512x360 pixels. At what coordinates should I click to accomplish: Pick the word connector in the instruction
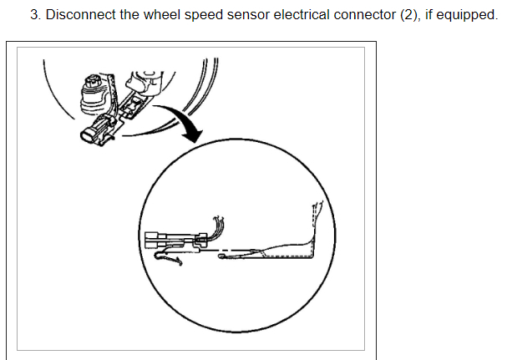[365, 16]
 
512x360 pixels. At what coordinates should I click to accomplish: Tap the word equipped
[465, 16]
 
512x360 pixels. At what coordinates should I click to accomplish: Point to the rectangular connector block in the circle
[160, 241]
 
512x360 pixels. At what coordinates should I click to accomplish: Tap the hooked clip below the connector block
[174, 261]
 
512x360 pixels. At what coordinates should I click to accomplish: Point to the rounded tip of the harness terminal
[224, 256]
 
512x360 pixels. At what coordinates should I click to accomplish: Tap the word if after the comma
[430, 16]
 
